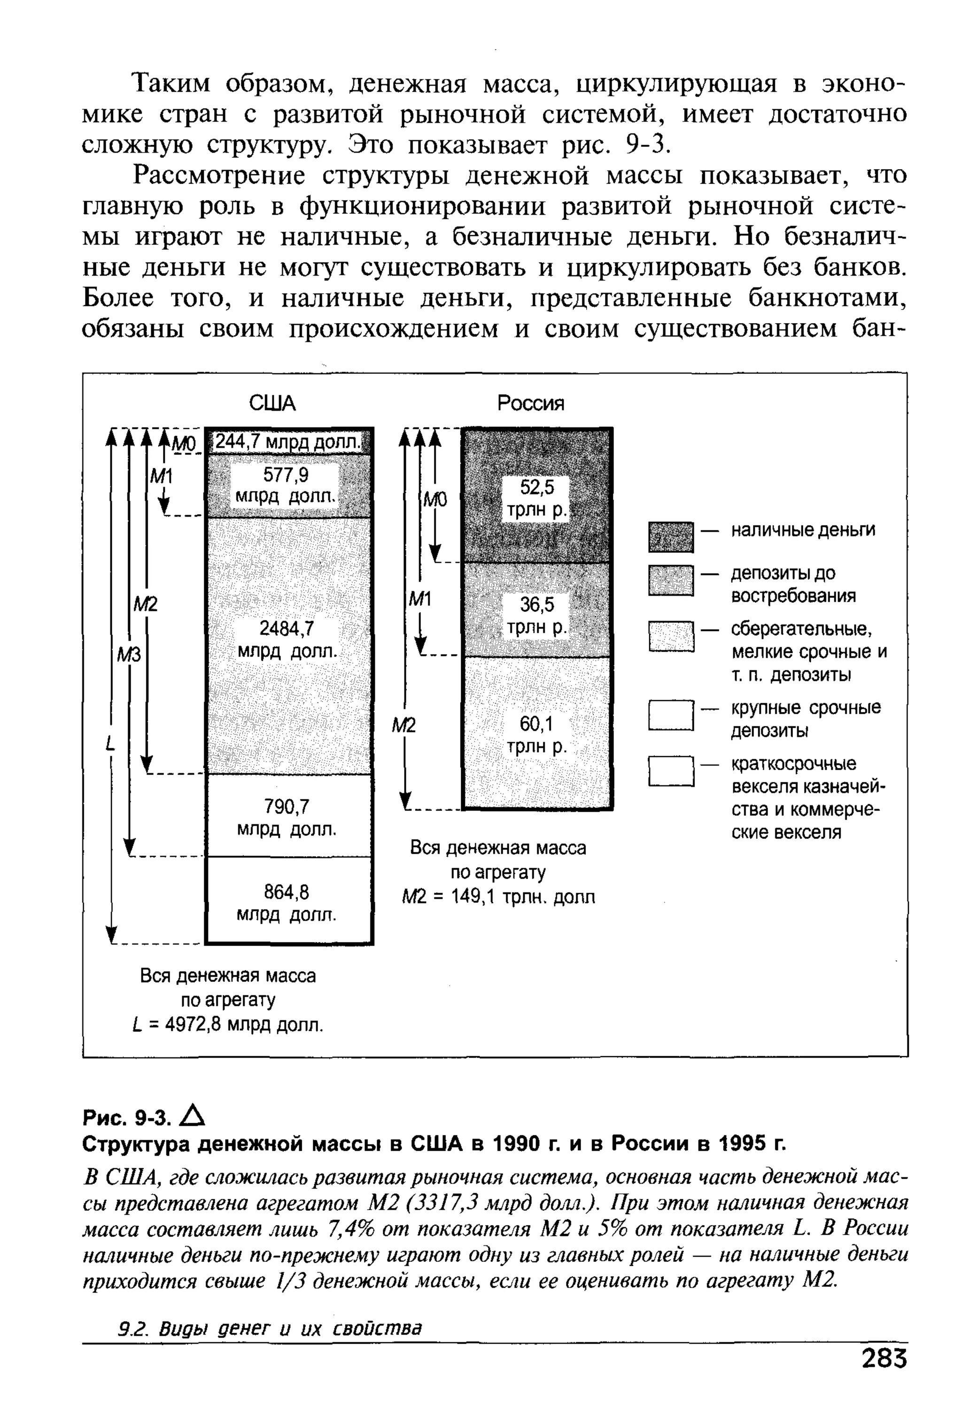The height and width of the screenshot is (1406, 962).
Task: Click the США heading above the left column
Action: pyautogui.click(x=272, y=403)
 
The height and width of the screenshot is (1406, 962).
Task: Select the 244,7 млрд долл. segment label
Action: pyautogui.click(x=288, y=442)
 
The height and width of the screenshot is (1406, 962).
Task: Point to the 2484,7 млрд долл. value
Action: pyautogui.click(x=287, y=640)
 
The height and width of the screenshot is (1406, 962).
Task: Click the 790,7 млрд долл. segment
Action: pyautogui.click(x=287, y=817)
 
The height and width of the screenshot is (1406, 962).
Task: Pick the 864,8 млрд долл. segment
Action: pyautogui.click(x=287, y=903)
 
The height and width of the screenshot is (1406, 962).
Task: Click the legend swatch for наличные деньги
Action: pyautogui.click(x=670, y=537)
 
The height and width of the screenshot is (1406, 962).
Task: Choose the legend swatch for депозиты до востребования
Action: pyautogui.click(x=670, y=581)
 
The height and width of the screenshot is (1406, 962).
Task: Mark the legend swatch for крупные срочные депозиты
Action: pyautogui.click(x=670, y=716)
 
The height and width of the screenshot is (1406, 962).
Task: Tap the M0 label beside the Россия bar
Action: pyautogui.click(x=435, y=500)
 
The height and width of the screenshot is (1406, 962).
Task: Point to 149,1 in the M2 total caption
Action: pyautogui.click(x=474, y=896)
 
